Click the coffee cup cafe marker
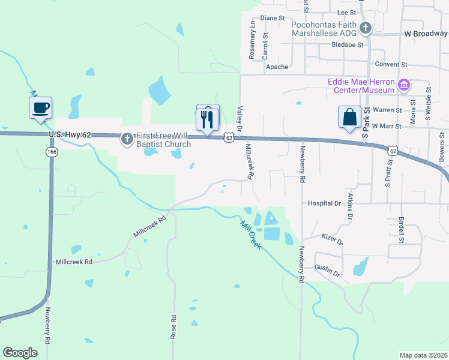click(40, 109)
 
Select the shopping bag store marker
click(349, 118)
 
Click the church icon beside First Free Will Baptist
click(126, 139)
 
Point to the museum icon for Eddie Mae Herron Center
click(405, 85)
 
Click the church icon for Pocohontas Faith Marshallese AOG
click(365, 27)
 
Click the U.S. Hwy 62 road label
click(70, 135)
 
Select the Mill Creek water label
click(250, 235)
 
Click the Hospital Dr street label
click(324, 203)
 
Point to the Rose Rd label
click(173, 328)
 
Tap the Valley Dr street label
click(239, 119)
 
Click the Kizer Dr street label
click(332, 239)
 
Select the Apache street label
click(277, 67)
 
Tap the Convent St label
click(391, 64)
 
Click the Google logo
click(20, 353)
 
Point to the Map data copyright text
click(424, 355)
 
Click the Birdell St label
click(400, 227)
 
